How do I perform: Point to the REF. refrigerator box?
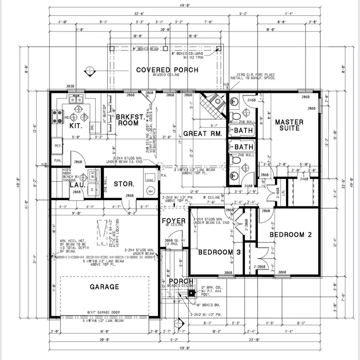tap(57, 146)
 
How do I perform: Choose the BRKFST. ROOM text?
tap(127, 120)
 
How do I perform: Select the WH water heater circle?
tap(151, 192)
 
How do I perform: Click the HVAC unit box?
tap(150, 181)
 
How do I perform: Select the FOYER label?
tap(174, 221)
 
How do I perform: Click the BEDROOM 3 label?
tap(216, 252)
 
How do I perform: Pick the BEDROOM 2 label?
tap(290, 235)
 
